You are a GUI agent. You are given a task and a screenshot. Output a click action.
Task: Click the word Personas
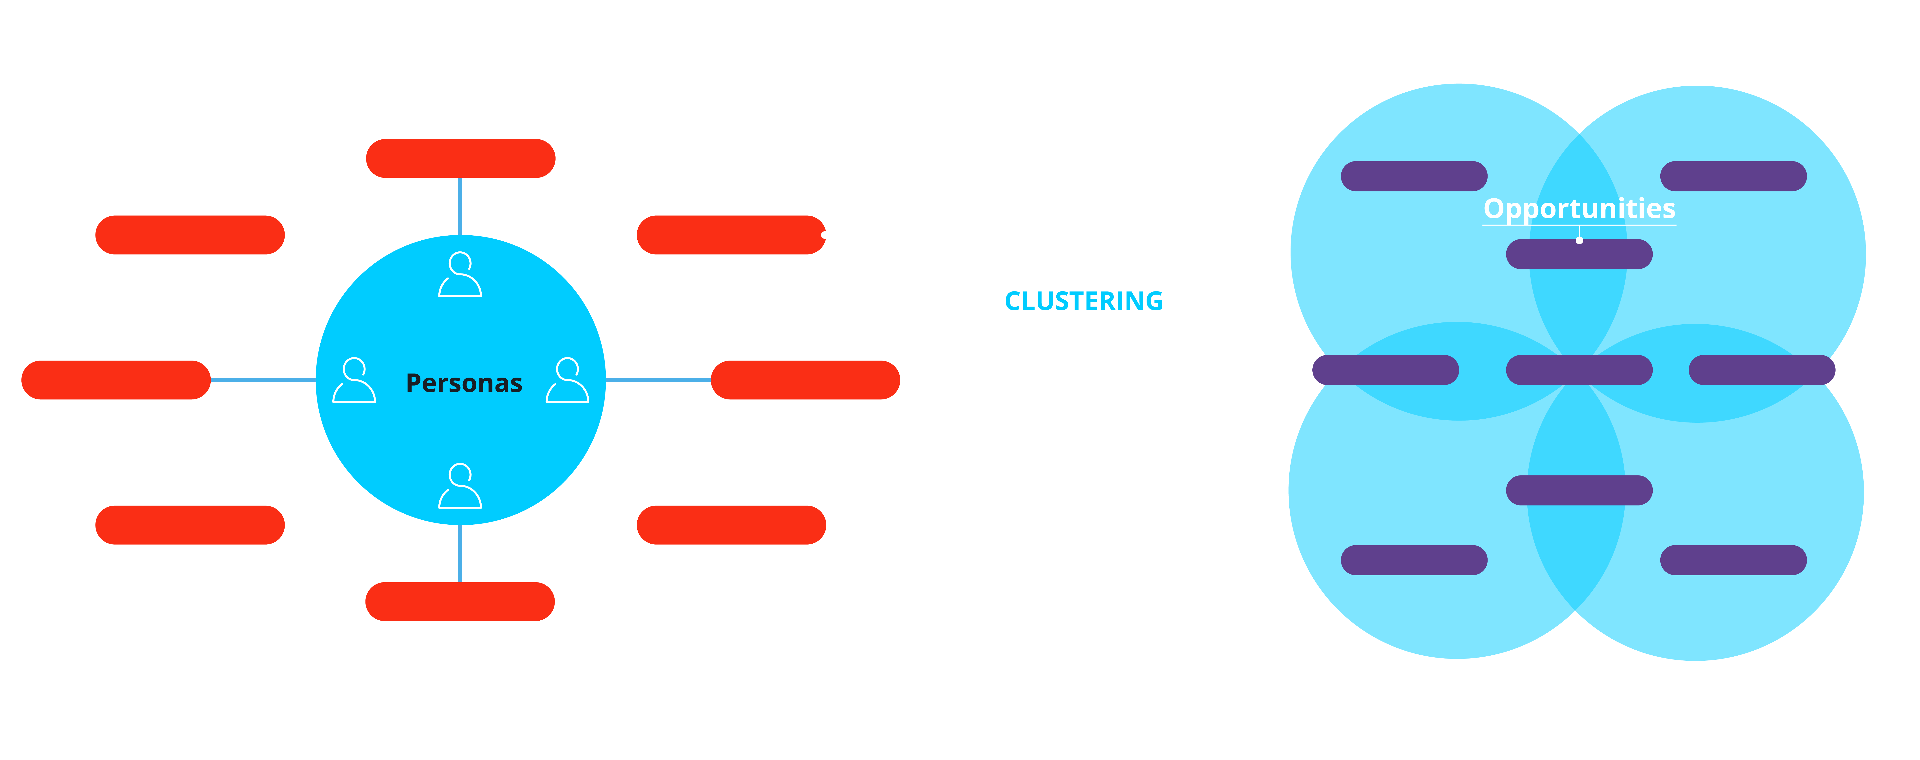click(464, 383)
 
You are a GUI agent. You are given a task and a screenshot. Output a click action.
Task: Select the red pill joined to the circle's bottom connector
click(460, 601)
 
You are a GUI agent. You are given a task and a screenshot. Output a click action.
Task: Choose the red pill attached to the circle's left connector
click(115, 380)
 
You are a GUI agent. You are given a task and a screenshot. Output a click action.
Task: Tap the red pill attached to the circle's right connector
click(805, 380)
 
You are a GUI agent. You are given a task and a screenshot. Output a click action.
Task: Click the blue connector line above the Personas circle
click(460, 206)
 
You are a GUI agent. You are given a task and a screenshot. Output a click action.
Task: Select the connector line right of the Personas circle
click(658, 380)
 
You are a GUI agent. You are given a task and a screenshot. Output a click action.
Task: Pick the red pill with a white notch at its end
click(730, 235)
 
